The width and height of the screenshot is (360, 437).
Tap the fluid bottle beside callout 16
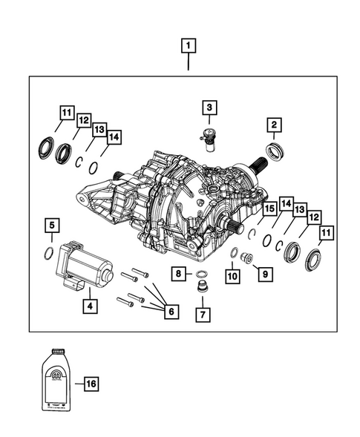click(x=54, y=379)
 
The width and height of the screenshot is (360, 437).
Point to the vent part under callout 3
click(x=208, y=139)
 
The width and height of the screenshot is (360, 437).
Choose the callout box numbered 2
click(x=274, y=124)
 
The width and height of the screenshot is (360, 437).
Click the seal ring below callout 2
click(x=278, y=154)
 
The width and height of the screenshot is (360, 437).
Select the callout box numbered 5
click(x=51, y=223)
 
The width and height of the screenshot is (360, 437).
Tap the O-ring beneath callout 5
click(x=48, y=252)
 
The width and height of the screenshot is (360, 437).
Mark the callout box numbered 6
click(x=170, y=312)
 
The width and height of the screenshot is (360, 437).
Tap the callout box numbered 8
click(x=180, y=274)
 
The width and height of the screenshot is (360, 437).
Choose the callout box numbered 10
click(x=233, y=276)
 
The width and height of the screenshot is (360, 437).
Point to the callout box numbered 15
click(x=268, y=208)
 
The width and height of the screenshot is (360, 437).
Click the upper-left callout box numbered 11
click(x=67, y=114)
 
